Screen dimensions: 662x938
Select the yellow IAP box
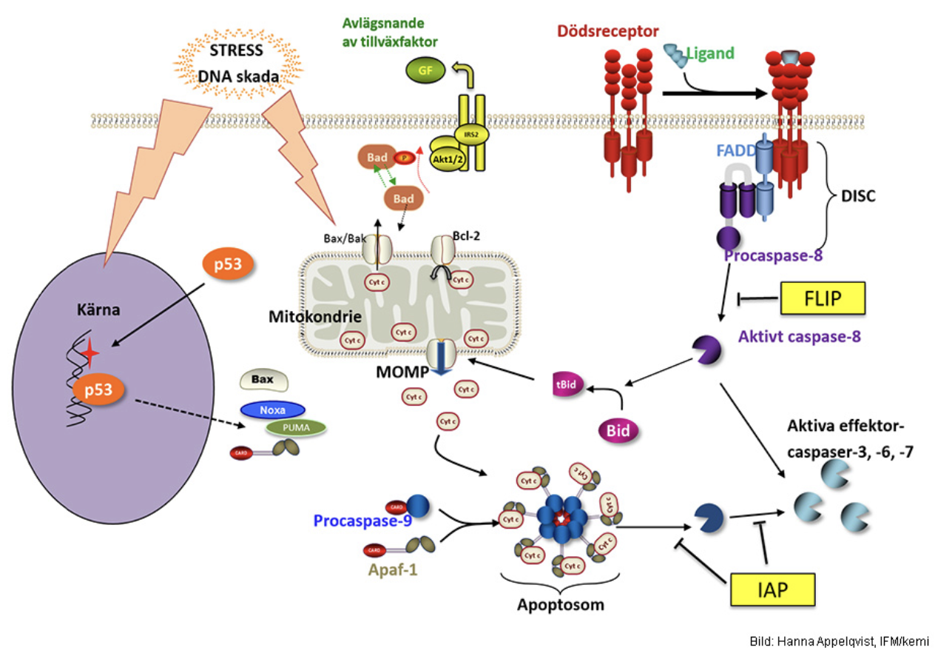[x=772, y=589]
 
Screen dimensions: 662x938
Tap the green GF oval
[x=422, y=71]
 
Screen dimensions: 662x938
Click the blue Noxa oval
[x=272, y=409]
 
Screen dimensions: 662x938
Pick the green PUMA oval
[x=296, y=428]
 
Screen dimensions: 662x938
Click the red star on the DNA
[x=90, y=355]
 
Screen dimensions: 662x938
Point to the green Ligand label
[x=711, y=53]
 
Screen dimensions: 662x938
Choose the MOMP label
[x=402, y=371]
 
